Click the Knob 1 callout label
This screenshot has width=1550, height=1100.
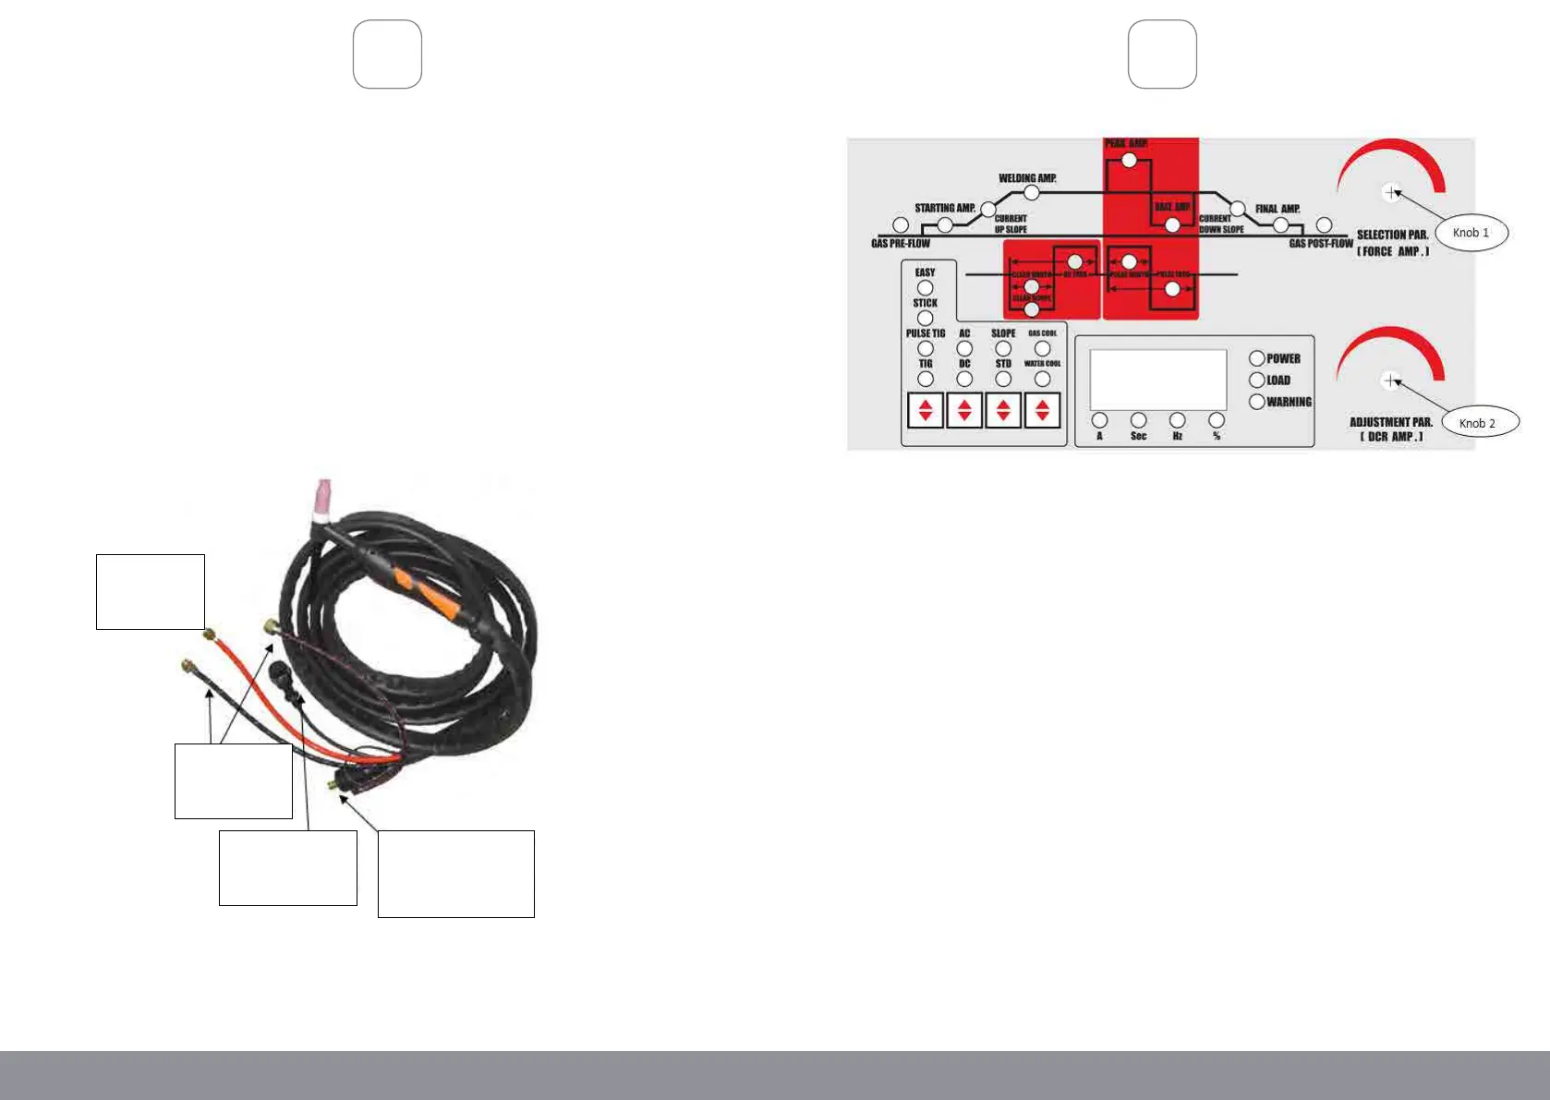click(x=1471, y=233)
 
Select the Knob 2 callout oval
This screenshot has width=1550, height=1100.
click(x=1480, y=423)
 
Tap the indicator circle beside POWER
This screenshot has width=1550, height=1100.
click(x=1256, y=358)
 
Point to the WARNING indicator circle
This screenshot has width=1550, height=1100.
click(x=1256, y=402)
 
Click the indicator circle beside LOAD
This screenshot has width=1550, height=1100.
click(x=1256, y=380)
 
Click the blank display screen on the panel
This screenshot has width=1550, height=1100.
click(x=1157, y=380)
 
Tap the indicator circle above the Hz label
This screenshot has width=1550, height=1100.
click(x=1177, y=420)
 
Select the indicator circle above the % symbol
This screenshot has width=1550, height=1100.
click(x=1217, y=420)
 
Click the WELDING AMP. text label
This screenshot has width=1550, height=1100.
click(x=1027, y=178)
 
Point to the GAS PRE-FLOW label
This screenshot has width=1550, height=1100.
click(x=901, y=244)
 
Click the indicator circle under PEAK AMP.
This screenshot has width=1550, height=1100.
click(x=1129, y=161)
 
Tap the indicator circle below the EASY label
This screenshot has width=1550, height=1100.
click(x=925, y=287)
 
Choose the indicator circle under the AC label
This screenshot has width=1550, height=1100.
click(x=964, y=348)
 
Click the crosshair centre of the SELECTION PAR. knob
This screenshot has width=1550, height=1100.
click(x=1391, y=192)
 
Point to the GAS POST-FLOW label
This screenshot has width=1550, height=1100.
click(x=1321, y=244)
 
